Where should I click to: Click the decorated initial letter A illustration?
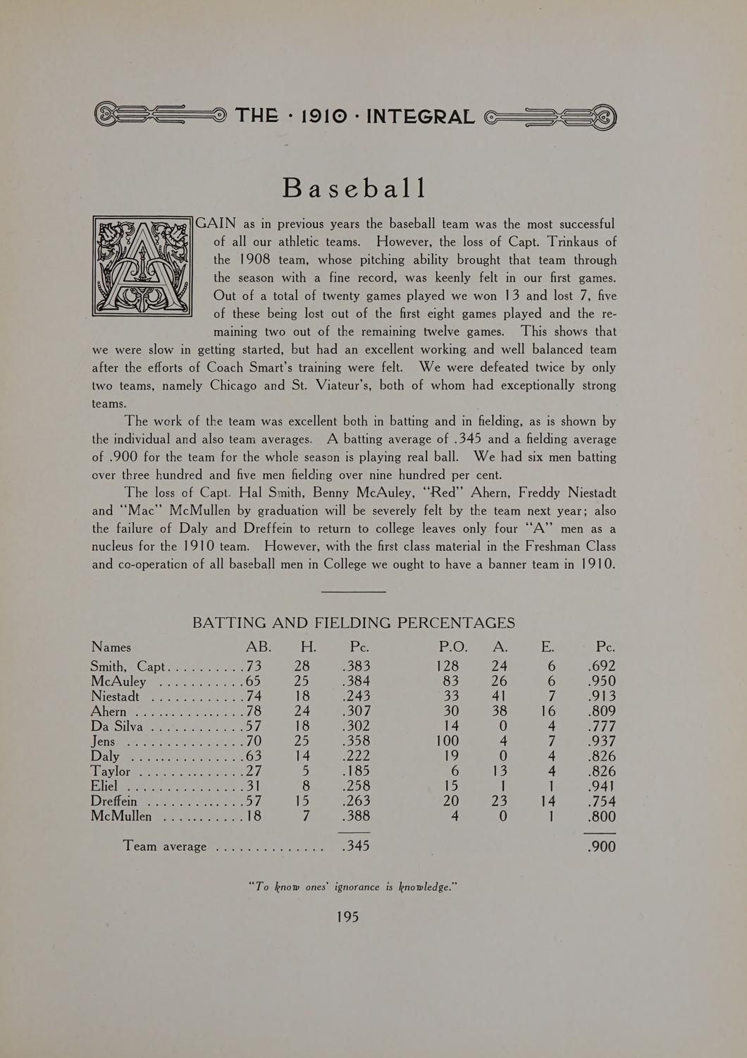[142, 266]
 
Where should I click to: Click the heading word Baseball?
[354, 188]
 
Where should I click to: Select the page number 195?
[347, 916]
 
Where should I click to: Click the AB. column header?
[258, 647]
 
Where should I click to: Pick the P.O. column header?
[453, 647]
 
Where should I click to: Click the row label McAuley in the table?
[118, 681]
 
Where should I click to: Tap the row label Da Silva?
[117, 726]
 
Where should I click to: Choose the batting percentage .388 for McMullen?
[356, 816]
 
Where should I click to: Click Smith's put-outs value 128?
[447, 666]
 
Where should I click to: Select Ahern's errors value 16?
[548, 711]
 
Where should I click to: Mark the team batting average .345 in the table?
[355, 846]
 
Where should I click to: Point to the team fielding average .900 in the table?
[601, 846]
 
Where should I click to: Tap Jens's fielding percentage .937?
[601, 741]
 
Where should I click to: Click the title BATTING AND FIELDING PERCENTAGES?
[354, 623]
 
